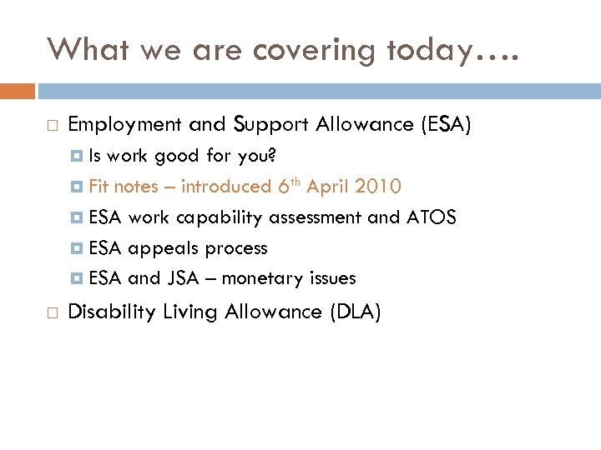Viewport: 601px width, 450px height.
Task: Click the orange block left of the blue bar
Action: tap(18, 90)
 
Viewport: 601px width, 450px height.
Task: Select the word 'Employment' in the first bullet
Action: tap(124, 125)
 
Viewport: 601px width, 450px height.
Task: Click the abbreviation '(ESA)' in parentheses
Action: tap(446, 125)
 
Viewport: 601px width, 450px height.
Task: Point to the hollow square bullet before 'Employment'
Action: tap(52, 126)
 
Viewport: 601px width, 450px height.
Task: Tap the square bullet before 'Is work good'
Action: tap(77, 156)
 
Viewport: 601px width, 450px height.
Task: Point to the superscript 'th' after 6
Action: tap(295, 182)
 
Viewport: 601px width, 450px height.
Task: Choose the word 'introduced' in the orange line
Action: tap(226, 187)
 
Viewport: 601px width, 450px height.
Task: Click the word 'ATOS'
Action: tap(431, 217)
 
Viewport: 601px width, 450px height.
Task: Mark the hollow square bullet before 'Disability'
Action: tap(52, 312)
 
